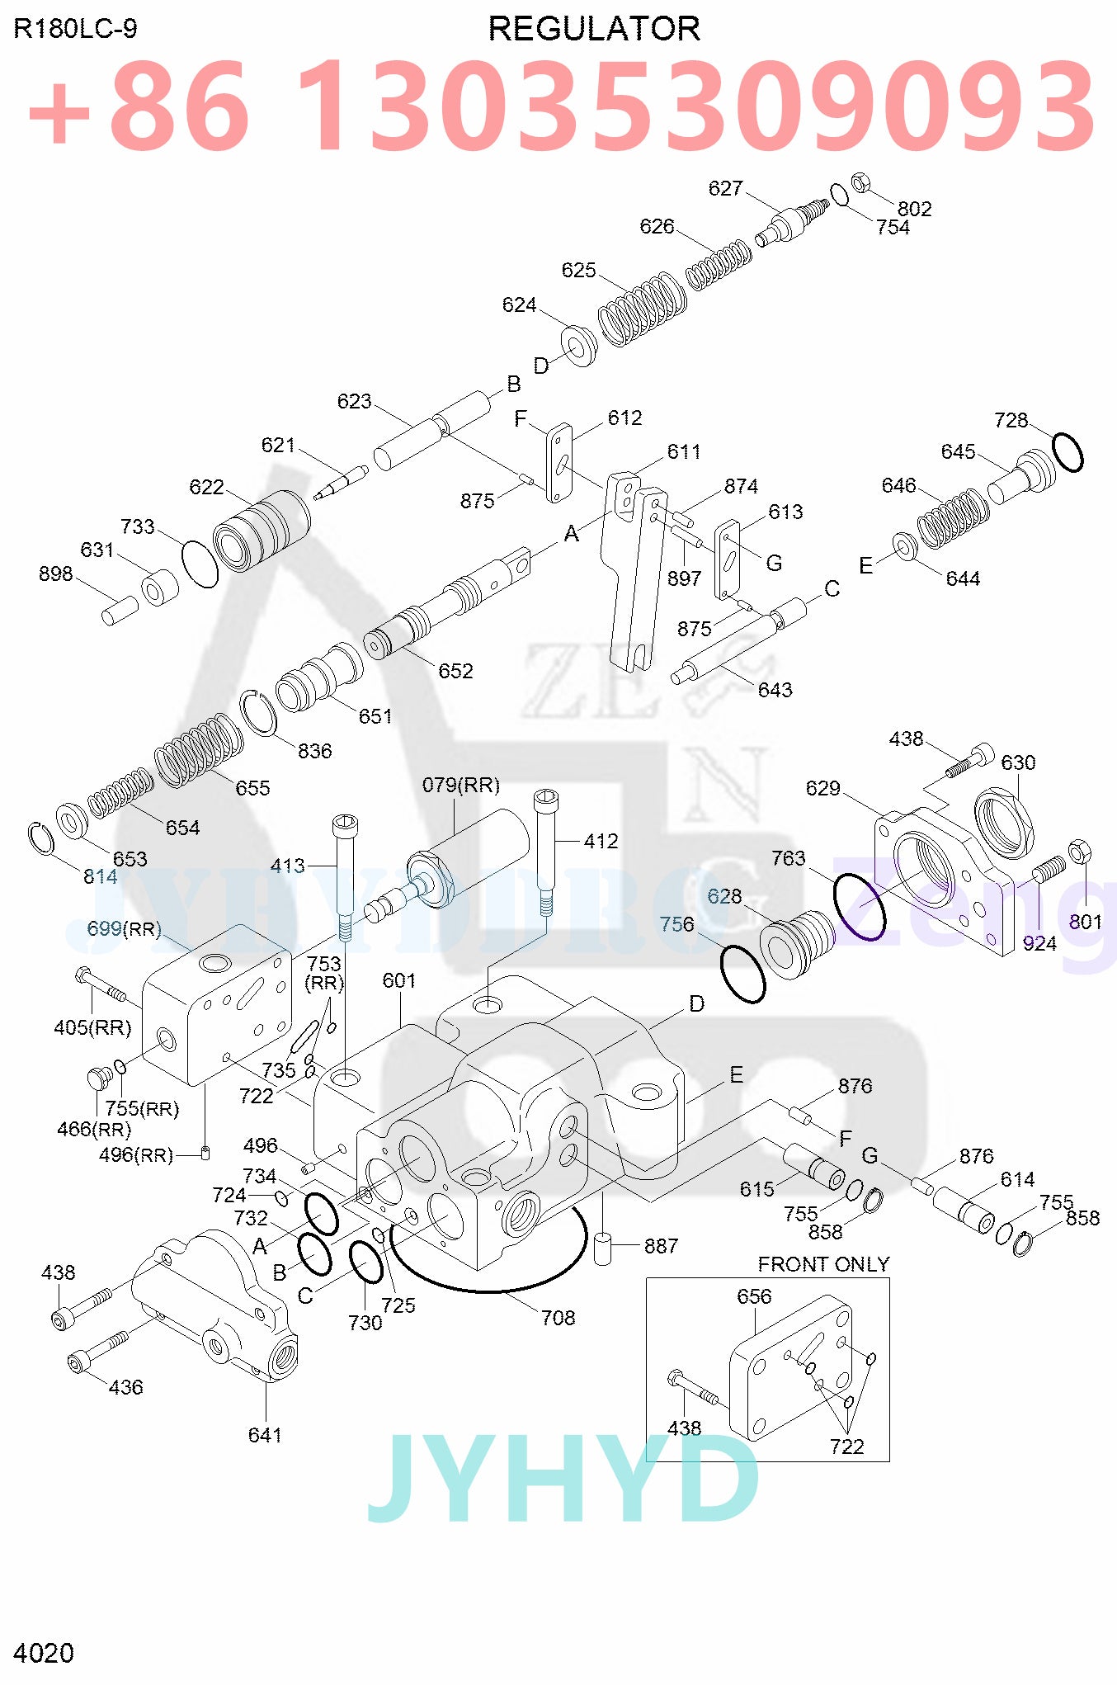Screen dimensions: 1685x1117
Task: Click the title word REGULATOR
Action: [x=594, y=29]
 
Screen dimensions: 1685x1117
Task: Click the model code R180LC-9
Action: [x=75, y=29]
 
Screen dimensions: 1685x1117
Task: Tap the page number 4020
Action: [x=43, y=1653]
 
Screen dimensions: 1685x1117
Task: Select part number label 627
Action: [x=725, y=188]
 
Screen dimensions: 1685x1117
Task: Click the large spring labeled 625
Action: [x=642, y=309]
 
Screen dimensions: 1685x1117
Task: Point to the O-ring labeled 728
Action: [x=1068, y=452]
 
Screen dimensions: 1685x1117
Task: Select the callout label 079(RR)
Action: [x=460, y=785]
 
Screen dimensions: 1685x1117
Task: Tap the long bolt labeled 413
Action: [x=345, y=875]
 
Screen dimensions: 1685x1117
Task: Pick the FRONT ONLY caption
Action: [x=823, y=1264]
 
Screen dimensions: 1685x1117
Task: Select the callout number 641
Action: [x=265, y=1435]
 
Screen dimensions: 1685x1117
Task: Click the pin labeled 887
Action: [x=602, y=1248]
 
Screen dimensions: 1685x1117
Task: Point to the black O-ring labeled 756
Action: [x=742, y=974]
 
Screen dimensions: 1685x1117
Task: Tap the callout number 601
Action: [x=399, y=980]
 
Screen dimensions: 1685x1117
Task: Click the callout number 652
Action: [x=455, y=671]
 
